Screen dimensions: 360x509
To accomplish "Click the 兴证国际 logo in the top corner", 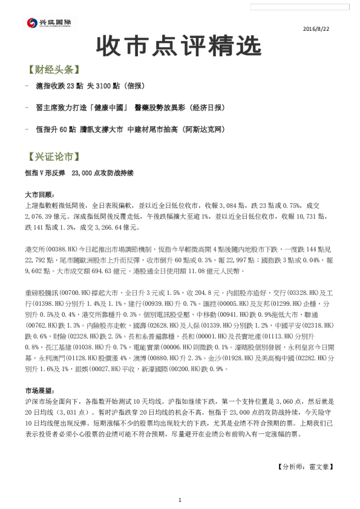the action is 50,24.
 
